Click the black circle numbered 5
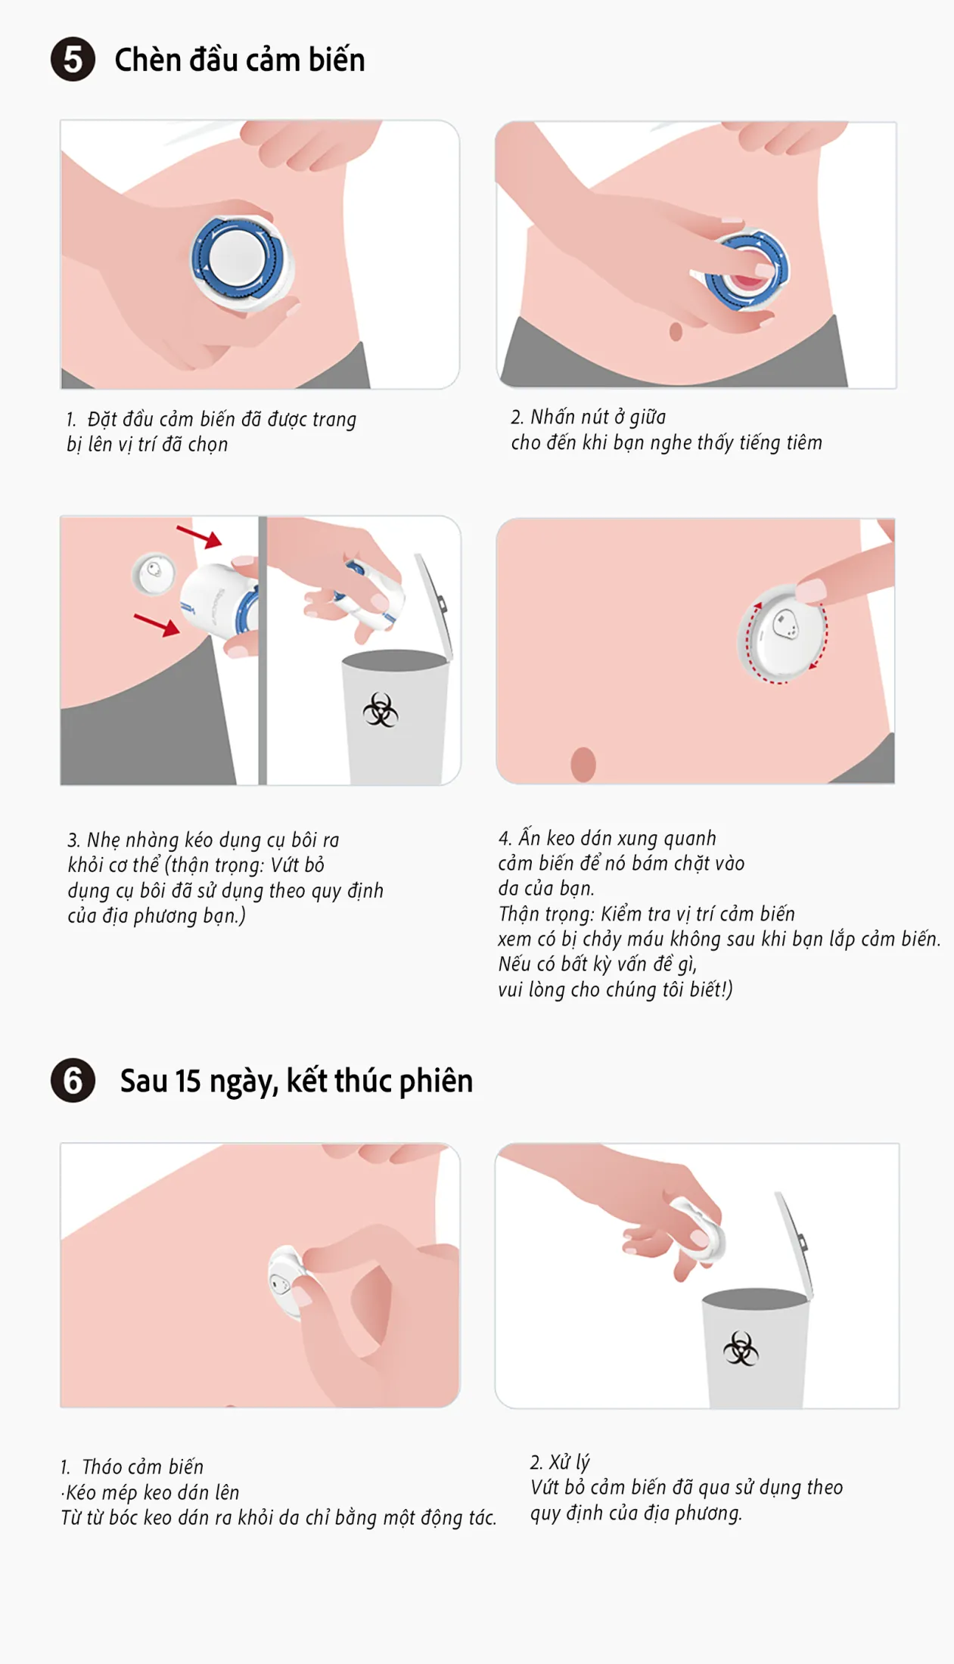[x=73, y=60]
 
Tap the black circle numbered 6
[x=73, y=1080]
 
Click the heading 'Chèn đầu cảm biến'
[x=240, y=60]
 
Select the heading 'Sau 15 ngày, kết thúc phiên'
[x=297, y=1081]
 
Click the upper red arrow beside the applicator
[x=199, y=536]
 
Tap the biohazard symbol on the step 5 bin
[x=381, y=710]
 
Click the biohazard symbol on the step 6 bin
[x=741, y=1348]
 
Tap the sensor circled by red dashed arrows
[x=783, y=632]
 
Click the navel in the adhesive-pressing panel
[x=583, y=764]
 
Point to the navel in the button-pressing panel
[x=676, y=331]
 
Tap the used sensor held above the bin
[x=700, y=1229]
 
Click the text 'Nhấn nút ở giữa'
[x=598, y=417]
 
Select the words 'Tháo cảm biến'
[x=142, y=1467]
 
